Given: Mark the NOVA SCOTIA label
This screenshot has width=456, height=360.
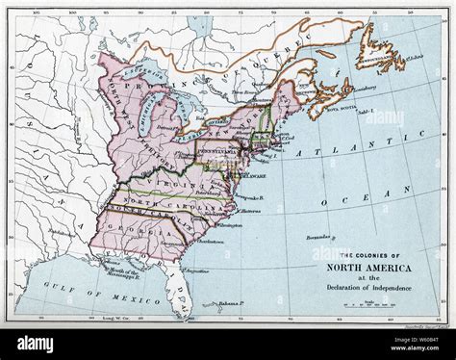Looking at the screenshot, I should (x=342, y=109).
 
